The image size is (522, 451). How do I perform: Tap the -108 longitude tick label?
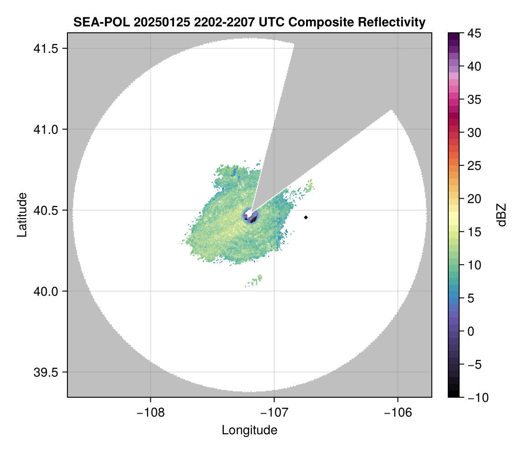point(150,412)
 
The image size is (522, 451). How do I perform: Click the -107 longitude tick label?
point(274,412)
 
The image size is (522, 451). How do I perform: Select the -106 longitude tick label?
point(398,412)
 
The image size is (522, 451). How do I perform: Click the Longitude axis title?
point(249,430)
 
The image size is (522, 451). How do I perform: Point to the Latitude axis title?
point(22,215)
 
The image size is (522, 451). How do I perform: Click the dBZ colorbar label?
point(502,215)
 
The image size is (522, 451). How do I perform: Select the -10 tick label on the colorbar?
point(475,398)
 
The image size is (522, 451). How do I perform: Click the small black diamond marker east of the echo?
point(306,217)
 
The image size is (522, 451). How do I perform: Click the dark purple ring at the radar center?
point(251,216)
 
